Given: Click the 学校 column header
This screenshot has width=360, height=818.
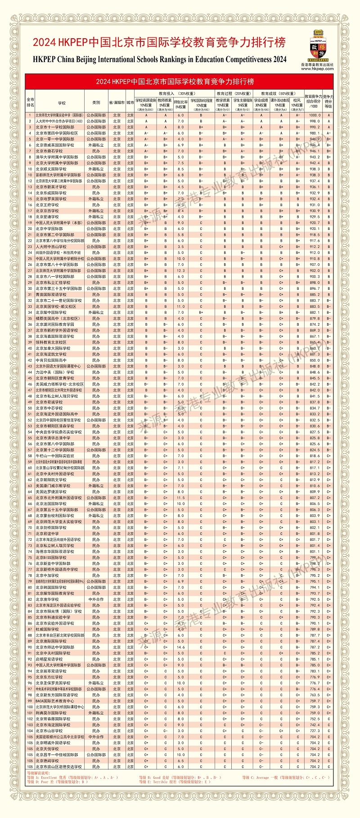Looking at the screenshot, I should pos(62,102).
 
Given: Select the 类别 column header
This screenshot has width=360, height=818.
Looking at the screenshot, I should pos(96,102).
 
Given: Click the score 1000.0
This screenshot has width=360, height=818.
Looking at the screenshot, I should pos(315,115).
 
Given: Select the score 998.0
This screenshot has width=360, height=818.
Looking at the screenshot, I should pos(315,121).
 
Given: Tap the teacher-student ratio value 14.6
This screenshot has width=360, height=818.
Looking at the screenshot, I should pos(180,647).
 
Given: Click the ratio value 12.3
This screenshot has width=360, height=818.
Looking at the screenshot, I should pos(180,270).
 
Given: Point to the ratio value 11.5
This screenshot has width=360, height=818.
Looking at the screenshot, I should pos(180,498).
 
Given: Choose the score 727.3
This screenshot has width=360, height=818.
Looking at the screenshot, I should pos(315,731).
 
